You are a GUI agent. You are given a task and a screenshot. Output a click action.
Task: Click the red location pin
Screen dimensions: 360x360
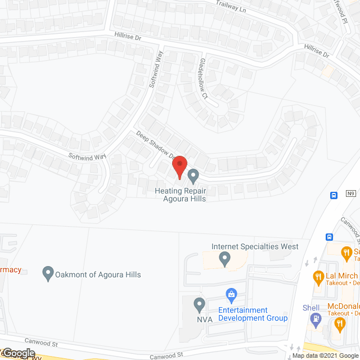pos(179,168)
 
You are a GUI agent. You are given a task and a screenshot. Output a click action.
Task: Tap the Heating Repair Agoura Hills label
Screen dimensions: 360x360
pos(181,195)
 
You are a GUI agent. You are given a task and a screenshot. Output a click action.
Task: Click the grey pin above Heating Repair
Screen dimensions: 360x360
pos(193,176)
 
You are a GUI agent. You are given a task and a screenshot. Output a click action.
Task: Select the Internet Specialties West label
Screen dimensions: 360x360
pos(255,246)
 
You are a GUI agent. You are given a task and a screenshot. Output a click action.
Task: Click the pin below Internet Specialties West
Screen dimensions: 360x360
pos(224,259)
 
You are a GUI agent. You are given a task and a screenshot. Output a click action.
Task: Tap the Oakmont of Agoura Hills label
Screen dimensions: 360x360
pos(98,274)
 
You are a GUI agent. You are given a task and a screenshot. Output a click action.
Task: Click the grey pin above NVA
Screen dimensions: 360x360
pos(199,305)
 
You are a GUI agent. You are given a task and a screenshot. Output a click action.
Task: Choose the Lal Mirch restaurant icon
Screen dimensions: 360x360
pos(318,276)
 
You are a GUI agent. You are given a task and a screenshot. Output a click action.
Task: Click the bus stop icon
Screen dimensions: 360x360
pos(334,195)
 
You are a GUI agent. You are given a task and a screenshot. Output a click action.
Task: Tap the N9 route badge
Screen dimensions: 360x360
pos(350,193)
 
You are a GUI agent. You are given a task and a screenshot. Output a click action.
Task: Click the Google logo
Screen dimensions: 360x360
pos(18,353)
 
